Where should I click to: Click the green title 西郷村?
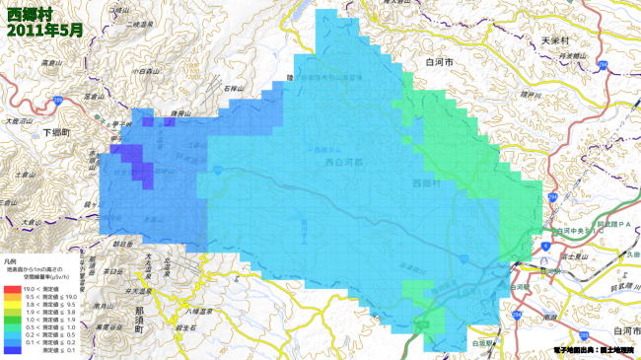29,14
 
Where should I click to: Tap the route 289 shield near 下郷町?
59,101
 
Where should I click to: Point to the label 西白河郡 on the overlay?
344,164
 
